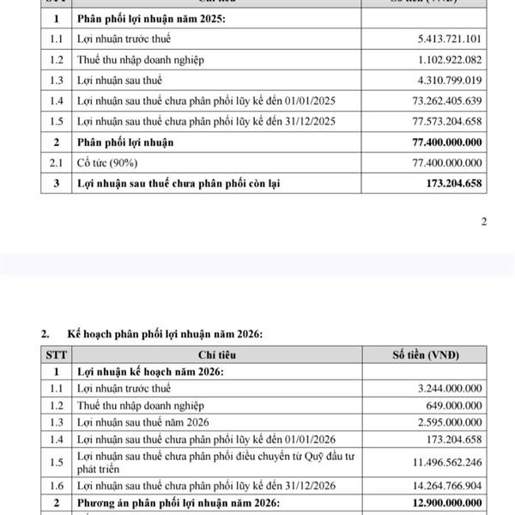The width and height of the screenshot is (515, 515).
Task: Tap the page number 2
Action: point(483,222)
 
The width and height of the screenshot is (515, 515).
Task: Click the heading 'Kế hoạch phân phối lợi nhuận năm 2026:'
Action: point(160,334)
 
